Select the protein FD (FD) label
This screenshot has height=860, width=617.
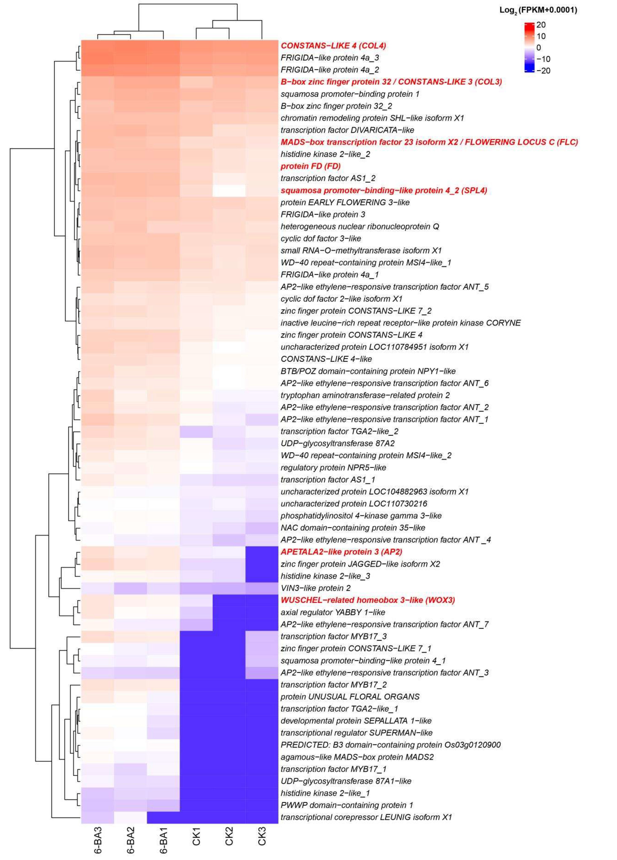[310, 166]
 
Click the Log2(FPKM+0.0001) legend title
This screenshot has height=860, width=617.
[538, 11]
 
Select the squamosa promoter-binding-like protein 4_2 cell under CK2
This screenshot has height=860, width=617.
[229, 190]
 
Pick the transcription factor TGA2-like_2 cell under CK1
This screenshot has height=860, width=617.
[196, 431]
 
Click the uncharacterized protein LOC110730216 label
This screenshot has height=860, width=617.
[354, 504]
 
